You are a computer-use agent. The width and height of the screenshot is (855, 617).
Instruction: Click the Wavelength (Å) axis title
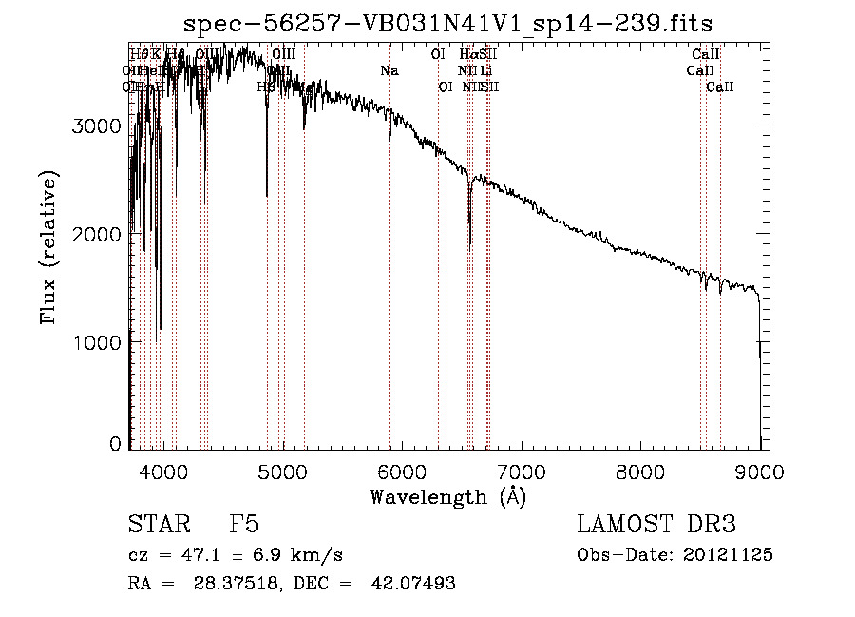pos(447,496)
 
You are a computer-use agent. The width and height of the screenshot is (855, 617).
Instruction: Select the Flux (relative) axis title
pos(48,247)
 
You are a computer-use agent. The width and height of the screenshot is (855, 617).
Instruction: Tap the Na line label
pos(389,70)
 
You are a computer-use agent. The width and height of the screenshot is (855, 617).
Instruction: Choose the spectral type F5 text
pos(245,526)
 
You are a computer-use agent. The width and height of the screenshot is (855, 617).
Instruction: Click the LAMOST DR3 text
pos(656,526)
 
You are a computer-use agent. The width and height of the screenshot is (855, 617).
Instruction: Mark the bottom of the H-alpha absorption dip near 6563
pos(470,247)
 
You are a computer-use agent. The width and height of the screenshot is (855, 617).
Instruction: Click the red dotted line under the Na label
pos(389,285)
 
